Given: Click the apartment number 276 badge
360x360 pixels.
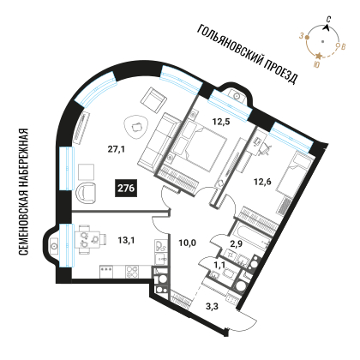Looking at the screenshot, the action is pos(126,189).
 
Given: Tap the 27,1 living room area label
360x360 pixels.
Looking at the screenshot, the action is pos(117,149).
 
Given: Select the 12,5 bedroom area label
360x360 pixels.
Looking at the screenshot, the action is pos(221,122).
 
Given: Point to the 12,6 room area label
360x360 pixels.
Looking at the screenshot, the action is pos(262,182).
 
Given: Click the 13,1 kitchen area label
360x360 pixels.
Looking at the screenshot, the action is pos(126,241).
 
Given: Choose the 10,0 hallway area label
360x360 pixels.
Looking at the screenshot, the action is pos(187,243).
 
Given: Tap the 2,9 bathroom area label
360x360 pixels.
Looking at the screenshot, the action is pos(236,243).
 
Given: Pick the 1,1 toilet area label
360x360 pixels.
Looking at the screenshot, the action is pos(219,266).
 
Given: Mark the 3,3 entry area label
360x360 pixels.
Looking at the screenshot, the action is pos(212,307).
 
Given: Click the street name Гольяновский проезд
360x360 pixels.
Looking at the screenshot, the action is pos(248,54).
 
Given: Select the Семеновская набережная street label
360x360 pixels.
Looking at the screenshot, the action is pos(23,192).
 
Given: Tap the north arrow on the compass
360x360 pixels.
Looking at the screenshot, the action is pos(327,27).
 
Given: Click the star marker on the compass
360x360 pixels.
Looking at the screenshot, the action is pos(319,56).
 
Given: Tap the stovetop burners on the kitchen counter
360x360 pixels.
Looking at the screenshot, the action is pos(132,272).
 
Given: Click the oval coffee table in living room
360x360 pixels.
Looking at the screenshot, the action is pos(135,127).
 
